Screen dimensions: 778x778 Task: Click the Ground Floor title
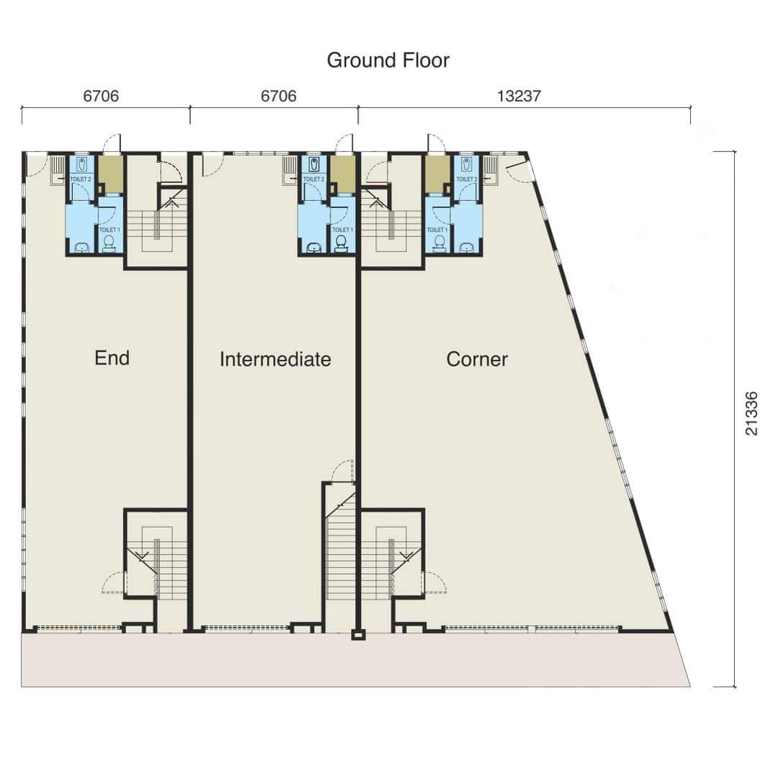pyautogui.click(x=388, y=61)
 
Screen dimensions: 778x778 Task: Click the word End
pyautogui.click(x=112, y=358)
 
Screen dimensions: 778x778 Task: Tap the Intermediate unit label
pyautogui.click(x=275, y=359)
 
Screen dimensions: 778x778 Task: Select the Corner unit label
pyautogui.click(x=477, y=359)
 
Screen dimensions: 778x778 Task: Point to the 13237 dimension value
pyautogui.click(x=519, y=95)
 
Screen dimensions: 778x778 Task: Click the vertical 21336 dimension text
pyautogui.click(x=751, y=413)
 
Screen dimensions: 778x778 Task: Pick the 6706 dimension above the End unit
pyautogui.click(x=102, y=95)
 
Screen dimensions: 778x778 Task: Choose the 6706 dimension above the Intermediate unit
pyautogui.click(x=279, y=95)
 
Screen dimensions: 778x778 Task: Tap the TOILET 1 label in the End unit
pyautogui.click(x=109, y=230)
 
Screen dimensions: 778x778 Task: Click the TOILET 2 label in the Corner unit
pyautogui.click(x=466, y=179)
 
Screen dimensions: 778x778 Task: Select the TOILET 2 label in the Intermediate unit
pyautogui.click(x=313, y=179)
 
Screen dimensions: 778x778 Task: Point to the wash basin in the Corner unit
pyautogui.click(x=466, y=246)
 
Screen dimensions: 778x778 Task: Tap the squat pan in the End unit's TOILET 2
pyautogui.click(x=82, y=164)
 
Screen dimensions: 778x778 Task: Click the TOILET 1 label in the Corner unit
pyautogui.click(x=437, y=230)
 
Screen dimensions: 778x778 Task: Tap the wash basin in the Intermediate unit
pyautogui.click(x=313, y=246)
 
